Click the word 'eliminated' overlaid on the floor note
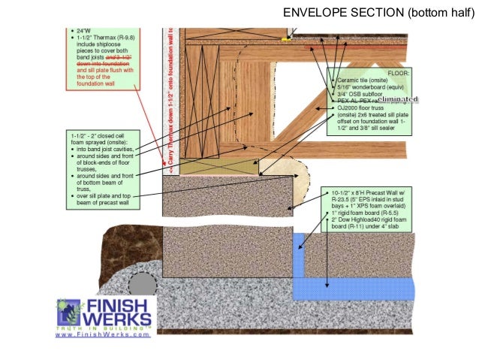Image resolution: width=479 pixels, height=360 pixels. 398,98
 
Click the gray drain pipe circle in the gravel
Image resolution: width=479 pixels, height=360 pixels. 140,283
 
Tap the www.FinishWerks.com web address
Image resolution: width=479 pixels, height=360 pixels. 103,334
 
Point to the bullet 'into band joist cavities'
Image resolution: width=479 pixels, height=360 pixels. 110,150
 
